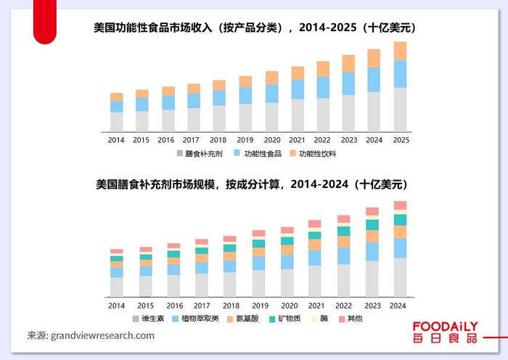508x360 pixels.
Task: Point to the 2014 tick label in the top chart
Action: click(x=116, y=139)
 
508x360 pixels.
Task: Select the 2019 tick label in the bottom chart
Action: click(x=258, y=306)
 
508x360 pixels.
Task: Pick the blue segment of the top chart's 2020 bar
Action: click(x=271, y=94)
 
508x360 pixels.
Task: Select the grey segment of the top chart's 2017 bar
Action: click(x=194, y=119)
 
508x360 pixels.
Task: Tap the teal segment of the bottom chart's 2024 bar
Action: click(x=400, y=219)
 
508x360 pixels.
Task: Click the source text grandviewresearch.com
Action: click(x=91, y=336)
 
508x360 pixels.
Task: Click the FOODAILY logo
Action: click(x=446, y=332)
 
